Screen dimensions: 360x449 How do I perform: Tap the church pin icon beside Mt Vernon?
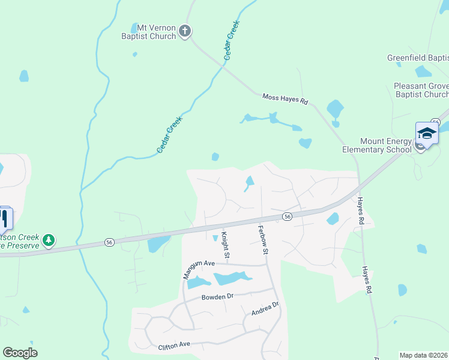pyautogui.click(x=185, y=31)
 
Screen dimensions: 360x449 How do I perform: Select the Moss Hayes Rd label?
pyautogui.click(x=285, y=100)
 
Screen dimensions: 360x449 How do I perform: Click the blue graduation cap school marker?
pyautogui.click(x=427, y=133)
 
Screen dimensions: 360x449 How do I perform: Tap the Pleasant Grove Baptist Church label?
pyautogui.click(x=421, y=90)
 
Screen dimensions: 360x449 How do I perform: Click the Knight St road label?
pyautogui.click(x=226, y=246)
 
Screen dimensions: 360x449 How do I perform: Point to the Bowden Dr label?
pyautogui.click(x=217, y=297)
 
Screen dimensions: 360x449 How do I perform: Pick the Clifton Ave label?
pyautogui.click(x=173, y=345)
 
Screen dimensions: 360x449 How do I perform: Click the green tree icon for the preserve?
pyautogui.click(x=49, y=241)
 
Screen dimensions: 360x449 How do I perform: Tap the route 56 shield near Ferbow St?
pyautogui.click(x=288, y=216)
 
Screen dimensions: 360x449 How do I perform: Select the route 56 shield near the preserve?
pyautogui.click(x=109, y=242)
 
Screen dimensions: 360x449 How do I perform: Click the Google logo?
pyautogui.click(x=20, y=353)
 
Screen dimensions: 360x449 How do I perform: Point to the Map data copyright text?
pyautogui.click(x=424, y=355)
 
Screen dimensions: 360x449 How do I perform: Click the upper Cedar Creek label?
pyautogui.click(x=232, y=40)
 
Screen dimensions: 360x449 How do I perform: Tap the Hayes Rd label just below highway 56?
pyautogui.click(x=361, y=211)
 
